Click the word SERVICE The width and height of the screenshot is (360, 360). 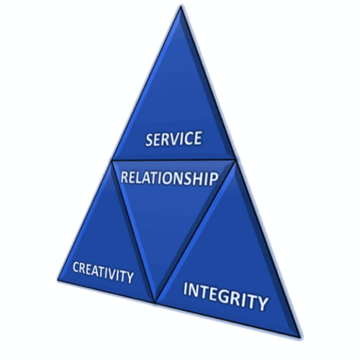click(x=174, y=138)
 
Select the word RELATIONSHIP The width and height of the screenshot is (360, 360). click(x=169, y=178)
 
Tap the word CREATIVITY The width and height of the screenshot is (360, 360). click(x=103, y=272)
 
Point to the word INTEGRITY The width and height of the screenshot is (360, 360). click(x=225, y=297)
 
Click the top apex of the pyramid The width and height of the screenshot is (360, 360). click(x=181, y=6)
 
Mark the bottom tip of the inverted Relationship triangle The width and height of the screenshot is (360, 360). click(x=155, y=302)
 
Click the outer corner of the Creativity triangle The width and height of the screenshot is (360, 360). click(x=58, y=280)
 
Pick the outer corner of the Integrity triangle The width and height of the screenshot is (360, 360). click(x=300, y=337)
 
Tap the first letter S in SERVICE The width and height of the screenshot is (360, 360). click(x=150, y=140)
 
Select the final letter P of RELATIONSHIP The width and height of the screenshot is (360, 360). click(x=214, y=179)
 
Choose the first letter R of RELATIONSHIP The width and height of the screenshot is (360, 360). click(x=125, y=177)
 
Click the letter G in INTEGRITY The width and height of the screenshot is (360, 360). click(x=226, y=297)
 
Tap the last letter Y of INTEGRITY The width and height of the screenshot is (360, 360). click(x=262, y=304)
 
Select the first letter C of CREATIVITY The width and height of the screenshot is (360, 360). click(x=76, y=267)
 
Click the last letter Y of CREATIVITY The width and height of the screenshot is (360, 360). click(x=130, y=278)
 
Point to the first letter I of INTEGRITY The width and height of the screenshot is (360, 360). click(x=185, y=289)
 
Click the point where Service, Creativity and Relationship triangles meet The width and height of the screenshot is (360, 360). click(x=112, y=160)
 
